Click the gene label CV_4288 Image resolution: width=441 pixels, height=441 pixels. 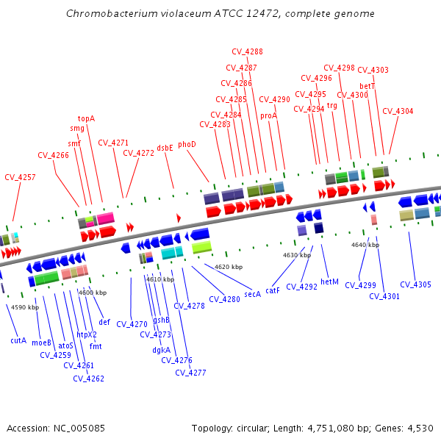tap(247, 51)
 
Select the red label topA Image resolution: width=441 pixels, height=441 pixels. tap(87, 118)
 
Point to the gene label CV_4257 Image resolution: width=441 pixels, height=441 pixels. tap(20, 177)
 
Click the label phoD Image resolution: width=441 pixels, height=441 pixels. tap(187, 145)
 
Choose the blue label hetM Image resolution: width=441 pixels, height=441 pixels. tap(330, 282)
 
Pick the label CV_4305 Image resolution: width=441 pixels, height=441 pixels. tap(415, 284)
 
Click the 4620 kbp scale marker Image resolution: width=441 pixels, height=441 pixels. tap(228, 267)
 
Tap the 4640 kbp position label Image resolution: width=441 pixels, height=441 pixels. tap(365, 245)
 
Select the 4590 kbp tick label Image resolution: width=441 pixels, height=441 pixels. tap(25, 307)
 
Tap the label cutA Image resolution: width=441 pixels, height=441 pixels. tap(18, 340)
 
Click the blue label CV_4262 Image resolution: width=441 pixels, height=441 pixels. tap(88, 379)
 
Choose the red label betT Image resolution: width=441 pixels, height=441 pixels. tap(367, 86)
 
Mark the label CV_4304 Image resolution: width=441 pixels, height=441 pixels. tap(398, 111)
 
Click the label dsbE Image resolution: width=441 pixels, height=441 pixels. tap(165, 148)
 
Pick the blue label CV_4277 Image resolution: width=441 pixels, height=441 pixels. tap(190, 373)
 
